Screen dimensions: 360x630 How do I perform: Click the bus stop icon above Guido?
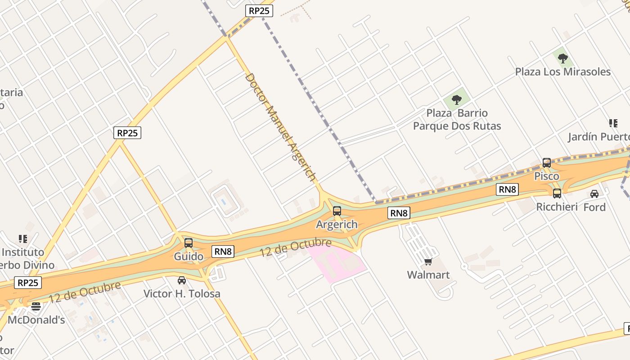189,243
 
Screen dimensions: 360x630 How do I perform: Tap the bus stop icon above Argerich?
337,211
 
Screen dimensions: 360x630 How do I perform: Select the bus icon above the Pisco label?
547,162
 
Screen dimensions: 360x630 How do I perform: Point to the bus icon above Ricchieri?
557,193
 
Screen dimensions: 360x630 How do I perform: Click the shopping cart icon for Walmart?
428,261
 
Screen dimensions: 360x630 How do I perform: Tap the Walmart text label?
428,274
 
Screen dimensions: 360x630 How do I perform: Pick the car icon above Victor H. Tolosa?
182,280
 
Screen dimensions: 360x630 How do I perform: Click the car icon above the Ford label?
594,194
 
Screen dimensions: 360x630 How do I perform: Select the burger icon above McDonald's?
36,306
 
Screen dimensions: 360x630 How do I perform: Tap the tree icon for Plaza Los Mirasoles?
562,58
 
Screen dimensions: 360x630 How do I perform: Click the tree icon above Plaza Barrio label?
457,99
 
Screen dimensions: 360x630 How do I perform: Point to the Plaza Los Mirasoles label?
562,72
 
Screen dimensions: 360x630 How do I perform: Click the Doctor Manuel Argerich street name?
280,126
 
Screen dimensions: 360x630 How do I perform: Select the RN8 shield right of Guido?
223,251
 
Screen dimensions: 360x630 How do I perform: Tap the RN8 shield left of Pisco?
507,189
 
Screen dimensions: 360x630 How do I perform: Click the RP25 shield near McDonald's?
28,283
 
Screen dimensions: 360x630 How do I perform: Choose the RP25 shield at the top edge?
259,10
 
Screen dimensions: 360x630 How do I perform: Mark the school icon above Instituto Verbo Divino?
23,238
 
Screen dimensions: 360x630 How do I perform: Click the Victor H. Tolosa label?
182,293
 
